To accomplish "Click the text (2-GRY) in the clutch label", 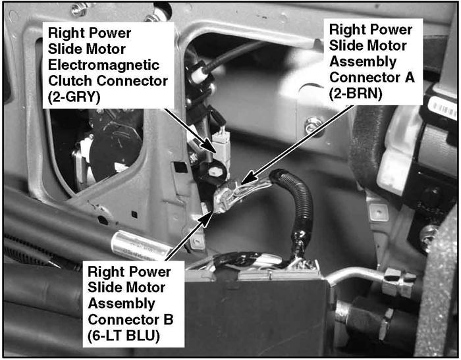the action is [x=74, y=97].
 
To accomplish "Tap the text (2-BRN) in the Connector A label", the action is [x=356, y=93].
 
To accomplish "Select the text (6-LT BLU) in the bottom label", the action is [x=124, y=336].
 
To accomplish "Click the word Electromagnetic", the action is [x=103, y=65].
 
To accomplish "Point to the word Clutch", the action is [x=70, y=81].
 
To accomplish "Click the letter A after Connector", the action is [x=410, y=78].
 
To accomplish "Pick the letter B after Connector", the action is [x=169, y=319].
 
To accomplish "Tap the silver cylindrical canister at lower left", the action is [x=140, y=246].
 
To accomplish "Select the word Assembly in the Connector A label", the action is [x=363, y=62].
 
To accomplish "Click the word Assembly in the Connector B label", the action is [x=121, y=303].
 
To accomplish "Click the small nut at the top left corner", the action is [x=78, y=9].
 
